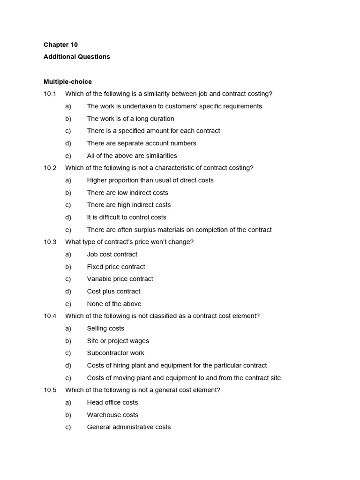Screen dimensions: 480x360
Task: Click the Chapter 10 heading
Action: pos(60,45)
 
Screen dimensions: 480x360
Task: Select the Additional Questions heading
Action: pos(76,57)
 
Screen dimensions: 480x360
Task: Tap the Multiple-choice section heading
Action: pos(67,82)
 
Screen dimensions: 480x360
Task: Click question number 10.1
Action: pos(50,94)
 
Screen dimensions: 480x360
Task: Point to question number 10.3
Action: pos(50,242)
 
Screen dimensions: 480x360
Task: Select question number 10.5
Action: pos(50,390)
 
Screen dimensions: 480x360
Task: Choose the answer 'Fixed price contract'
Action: pos(116,267)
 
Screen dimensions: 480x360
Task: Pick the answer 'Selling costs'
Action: pos(105,329)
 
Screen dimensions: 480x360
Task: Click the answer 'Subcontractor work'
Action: pos(115,353)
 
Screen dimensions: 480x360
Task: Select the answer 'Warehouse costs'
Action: pos(112,415)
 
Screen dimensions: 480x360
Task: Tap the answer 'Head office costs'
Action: pos(112,402)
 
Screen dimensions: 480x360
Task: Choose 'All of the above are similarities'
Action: pos(132,156)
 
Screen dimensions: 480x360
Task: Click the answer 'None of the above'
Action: pos(114,304)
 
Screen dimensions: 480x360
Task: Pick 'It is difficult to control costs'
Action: pos(127,217)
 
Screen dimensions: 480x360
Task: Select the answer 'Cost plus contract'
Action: pos(113,291)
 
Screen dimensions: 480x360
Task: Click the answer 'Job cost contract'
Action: pos(112,254)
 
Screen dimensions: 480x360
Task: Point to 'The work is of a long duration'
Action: pos(130,119)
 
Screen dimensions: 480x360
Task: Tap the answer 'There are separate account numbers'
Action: pos(142,143)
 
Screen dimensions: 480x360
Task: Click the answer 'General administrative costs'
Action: pos(129,427)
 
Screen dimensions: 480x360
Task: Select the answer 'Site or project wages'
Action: pos(118,341)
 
